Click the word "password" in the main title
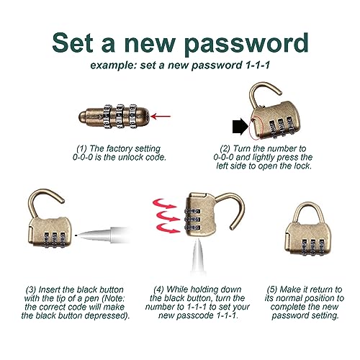point(246,44)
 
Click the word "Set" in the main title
point(73,42)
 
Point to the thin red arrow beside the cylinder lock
point(161,117)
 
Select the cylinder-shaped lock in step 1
point(114,117)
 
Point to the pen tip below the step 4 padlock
point(198,256)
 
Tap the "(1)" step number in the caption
point(81,148)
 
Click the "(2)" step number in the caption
point(225,148)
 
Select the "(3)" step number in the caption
point(31,289)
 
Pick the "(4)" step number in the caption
point(159,289)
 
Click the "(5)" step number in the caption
point(272,289)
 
